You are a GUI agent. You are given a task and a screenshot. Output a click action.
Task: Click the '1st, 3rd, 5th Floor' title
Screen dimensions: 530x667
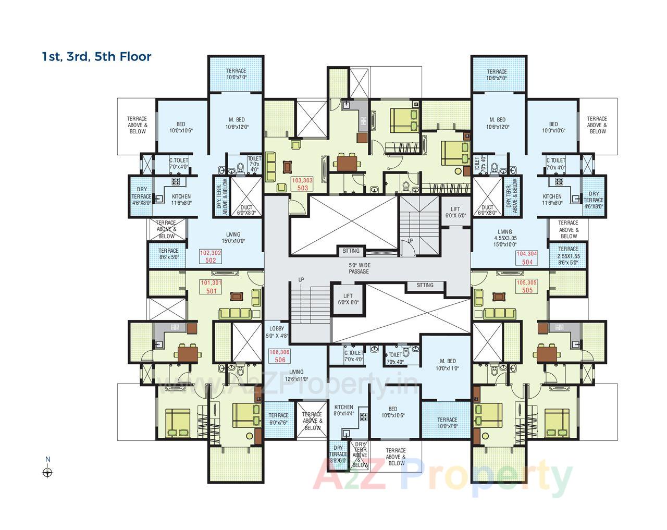click(96, 56)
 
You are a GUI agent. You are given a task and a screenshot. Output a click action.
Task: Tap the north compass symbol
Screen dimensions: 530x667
click(47, 472)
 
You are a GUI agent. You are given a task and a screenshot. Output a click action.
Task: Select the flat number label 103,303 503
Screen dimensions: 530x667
click(302, 184)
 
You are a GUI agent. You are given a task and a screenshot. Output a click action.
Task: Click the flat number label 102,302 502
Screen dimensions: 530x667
click(211, 256)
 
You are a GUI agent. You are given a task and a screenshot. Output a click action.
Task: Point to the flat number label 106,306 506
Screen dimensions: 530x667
click(279, 356)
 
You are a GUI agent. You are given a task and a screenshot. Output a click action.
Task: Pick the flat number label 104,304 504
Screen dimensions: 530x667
click(527, 258)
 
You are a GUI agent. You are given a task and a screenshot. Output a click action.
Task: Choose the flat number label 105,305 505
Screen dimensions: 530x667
click(527, 286)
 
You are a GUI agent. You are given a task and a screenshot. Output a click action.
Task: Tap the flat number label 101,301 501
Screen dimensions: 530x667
click(211, 287)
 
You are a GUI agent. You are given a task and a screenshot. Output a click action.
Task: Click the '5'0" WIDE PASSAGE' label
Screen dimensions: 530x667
click(359, 268)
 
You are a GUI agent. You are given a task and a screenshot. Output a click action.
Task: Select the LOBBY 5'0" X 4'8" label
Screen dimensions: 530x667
click(276, 332)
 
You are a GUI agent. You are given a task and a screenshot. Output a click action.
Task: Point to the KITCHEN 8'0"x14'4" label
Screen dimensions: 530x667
click(343, 411)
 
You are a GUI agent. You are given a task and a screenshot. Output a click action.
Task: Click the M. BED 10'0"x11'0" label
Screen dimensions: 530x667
click(447, 365)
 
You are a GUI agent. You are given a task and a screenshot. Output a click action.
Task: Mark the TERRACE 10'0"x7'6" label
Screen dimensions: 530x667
click(447, 423)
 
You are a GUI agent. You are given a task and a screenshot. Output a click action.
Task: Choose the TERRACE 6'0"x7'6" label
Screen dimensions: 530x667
click(278, 419)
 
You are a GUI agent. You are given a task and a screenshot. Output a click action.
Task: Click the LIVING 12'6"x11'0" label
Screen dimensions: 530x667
click(296, 376)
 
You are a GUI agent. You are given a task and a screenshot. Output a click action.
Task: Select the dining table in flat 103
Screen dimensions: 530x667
click(347, 163)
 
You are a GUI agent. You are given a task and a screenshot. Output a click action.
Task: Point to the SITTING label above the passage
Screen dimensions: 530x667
click(351, 251)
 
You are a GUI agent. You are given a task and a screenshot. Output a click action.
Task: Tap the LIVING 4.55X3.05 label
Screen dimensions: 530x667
click(504, 238)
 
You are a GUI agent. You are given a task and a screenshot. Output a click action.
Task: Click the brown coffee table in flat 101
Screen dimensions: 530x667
click(237, 297)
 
